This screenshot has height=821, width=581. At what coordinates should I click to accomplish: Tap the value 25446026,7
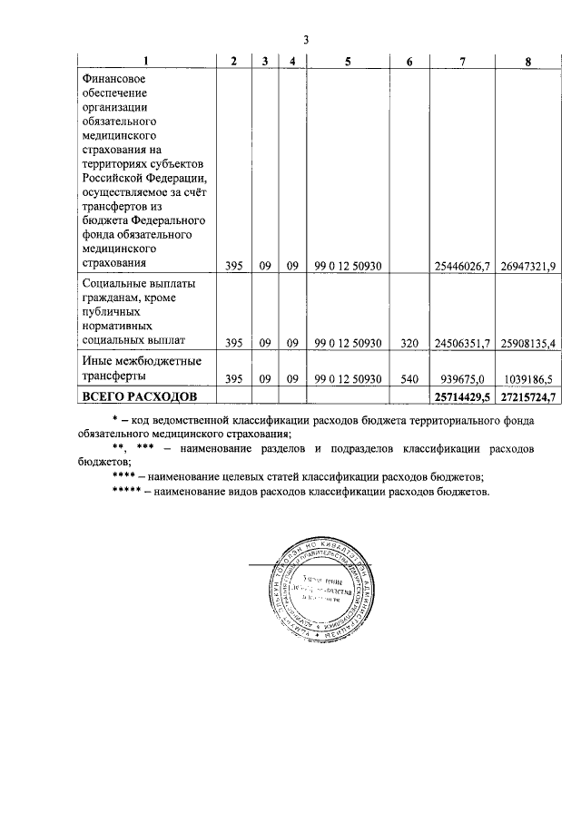[463, 265]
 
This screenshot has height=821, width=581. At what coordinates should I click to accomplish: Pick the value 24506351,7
[463, 342]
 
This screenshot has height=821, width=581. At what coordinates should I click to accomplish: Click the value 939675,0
[467, 377]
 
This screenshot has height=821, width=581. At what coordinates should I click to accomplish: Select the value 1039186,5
[532, 377]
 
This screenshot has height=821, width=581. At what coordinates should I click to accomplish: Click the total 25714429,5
[463, 396]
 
